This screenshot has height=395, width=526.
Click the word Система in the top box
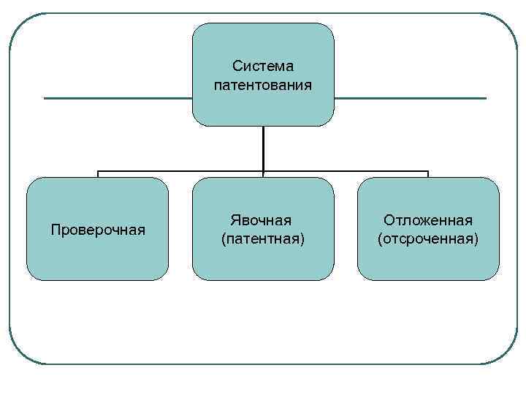pyautogui.click(x=263, y=67)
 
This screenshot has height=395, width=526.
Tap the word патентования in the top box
pyautogui.click(x=263, y=85)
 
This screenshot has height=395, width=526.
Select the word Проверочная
pyautogui.click(x=98, y=230)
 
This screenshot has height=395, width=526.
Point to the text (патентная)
pyautogui.click(x=263, y=238)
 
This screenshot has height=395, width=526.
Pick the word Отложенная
pyautogui.click(x=428, y=220)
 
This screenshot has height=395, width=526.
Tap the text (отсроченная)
pyautogui.click(x=428, y=238)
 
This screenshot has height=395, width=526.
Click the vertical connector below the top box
pyautogui.click(x=263, y=149)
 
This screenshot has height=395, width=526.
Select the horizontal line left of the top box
pyautogui.click(x=117, y=98)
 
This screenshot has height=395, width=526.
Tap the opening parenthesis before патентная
pyautogui.click(x=222, y=239)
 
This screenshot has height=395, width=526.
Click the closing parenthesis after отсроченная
pyautogui.click(x=476, y=239)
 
